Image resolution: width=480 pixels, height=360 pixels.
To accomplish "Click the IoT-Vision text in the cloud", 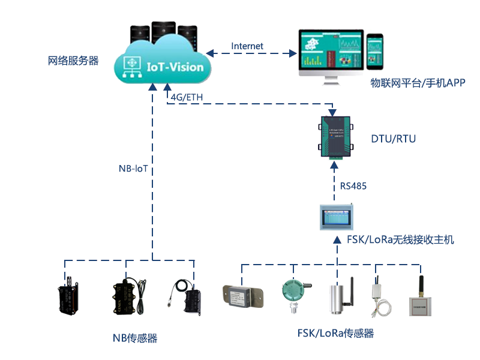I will coord(175,67).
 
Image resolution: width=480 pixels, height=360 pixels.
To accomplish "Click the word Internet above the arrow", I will coord(247,46).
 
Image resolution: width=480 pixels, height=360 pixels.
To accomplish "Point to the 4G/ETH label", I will coord(187,97).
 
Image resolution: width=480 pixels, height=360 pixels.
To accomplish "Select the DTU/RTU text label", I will coord(393,139).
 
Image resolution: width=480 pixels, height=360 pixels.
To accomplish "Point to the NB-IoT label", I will coord(133,169).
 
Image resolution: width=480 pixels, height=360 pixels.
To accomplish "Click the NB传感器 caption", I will coord(135,338).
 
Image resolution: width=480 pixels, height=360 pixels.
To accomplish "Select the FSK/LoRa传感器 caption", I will coord(335,334).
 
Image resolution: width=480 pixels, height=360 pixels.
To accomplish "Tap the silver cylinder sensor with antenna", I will coord(338,295).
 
